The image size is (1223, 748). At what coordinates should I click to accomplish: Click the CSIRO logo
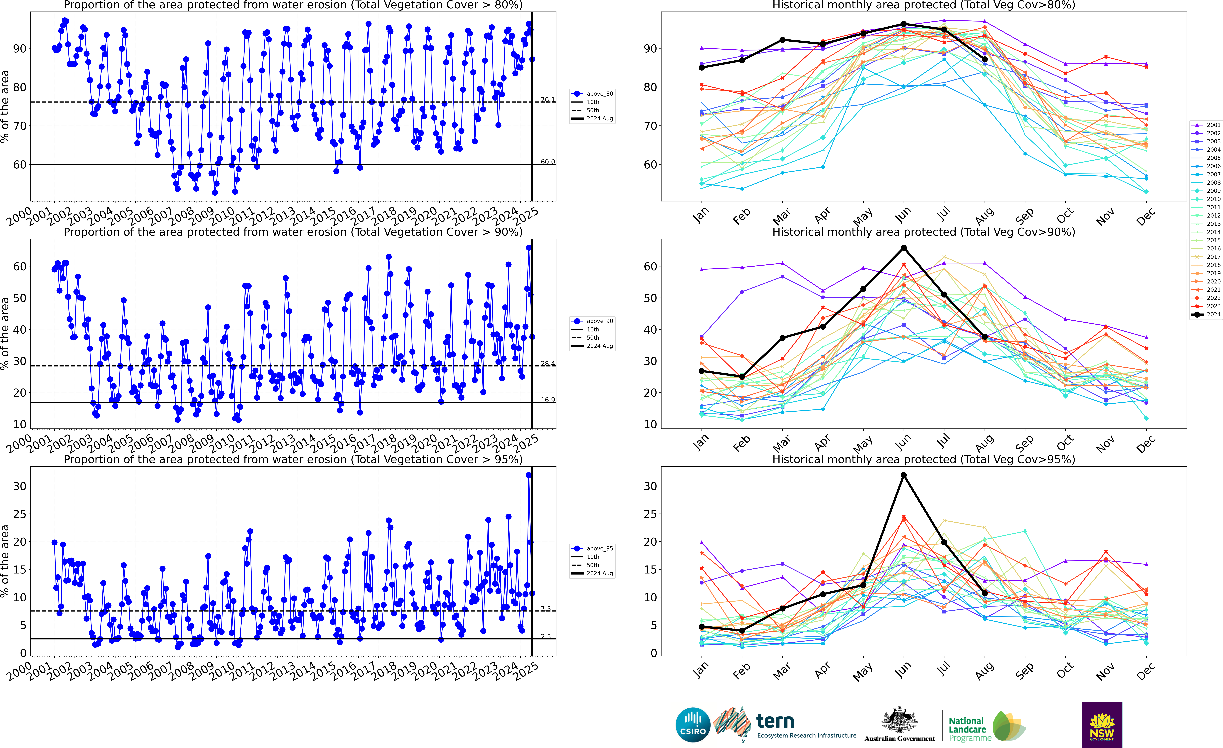(x=693, y=725)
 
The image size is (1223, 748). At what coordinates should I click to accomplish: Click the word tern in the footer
(x=775, y=721)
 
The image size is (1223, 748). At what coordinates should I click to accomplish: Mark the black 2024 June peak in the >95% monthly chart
(x=904, y=475)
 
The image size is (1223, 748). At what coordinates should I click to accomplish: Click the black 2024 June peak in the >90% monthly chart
(x=904, y=248)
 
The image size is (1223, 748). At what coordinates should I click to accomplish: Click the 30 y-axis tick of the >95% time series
(x=20, y=486)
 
